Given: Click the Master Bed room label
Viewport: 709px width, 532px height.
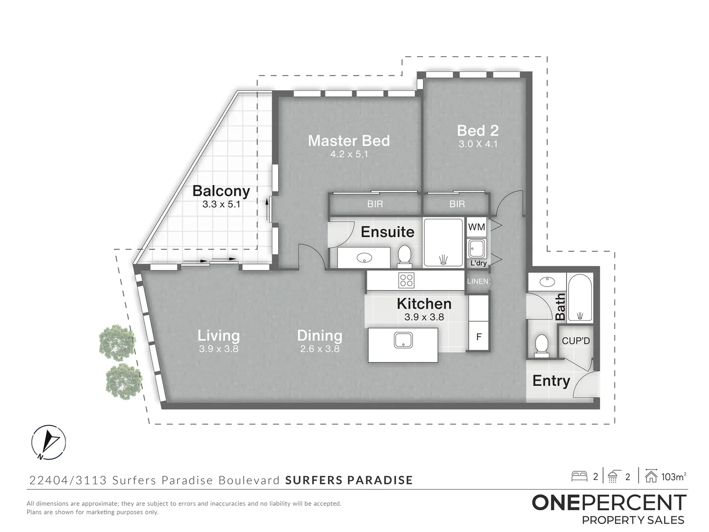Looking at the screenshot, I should pos(349,141).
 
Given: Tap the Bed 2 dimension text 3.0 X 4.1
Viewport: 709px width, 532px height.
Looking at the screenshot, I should pos(478,144).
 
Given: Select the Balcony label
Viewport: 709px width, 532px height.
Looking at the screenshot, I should pos(221,191).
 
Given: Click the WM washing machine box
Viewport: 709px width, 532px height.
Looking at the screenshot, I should pos(476,227).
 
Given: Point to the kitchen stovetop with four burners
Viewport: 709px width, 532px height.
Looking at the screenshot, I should pos(407,280).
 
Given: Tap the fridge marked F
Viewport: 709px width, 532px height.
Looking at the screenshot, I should pos(478,337).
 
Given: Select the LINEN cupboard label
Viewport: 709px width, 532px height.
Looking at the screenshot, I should pos(478,281).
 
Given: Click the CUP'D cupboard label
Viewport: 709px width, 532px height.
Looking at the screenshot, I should pos(576,341).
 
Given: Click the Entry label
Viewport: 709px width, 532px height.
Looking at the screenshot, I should pos(551,381).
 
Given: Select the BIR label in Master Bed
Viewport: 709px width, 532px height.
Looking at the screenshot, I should pos(375,204).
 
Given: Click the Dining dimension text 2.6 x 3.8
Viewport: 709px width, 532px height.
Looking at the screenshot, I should pos(320,349).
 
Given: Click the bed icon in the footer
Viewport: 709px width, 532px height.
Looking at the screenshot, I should pos(580,476).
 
